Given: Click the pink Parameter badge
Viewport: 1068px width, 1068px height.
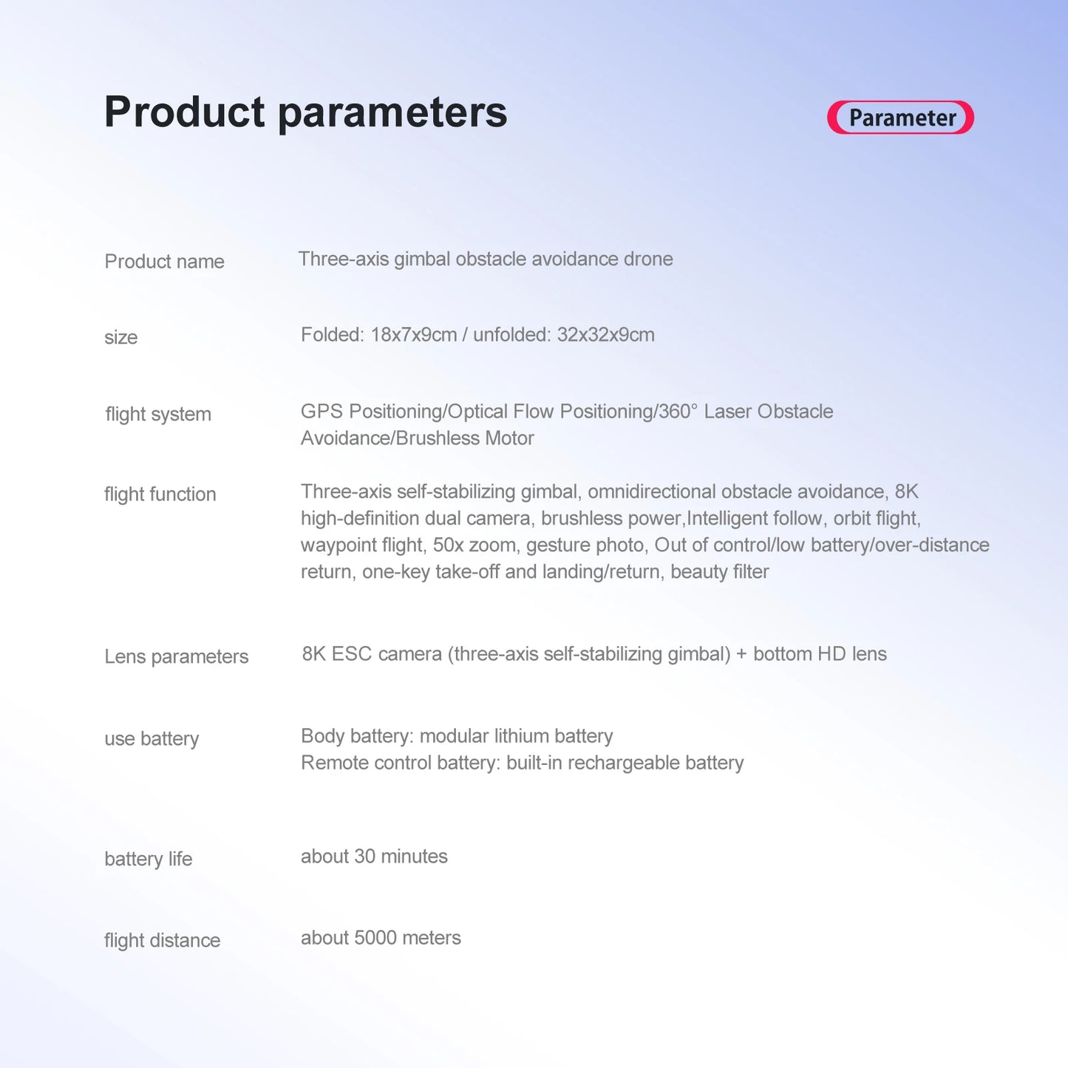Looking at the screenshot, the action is [900, 118].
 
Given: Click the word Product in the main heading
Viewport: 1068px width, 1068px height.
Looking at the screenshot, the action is [185, 112].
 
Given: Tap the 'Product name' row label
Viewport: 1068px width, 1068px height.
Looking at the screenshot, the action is [165, 262].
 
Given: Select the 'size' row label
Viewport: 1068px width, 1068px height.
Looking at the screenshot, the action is [120, 337].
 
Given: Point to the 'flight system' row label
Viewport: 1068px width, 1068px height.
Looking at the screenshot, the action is [158, 415].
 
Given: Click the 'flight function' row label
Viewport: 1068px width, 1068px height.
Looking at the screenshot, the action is [160, 494].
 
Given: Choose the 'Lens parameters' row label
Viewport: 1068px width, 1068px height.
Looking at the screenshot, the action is [177, 657].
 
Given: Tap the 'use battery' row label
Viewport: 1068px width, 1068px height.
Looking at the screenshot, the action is [152, 739].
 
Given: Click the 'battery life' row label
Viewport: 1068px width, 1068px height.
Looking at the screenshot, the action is [149, 859].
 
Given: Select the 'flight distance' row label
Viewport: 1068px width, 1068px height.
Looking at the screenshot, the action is [163, 941].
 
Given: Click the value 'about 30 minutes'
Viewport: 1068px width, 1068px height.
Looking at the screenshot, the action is [374, 857].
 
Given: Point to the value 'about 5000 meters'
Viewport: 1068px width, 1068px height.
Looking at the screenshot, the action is [381, 938].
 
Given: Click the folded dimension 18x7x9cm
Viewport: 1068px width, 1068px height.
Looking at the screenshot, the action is [414, 335].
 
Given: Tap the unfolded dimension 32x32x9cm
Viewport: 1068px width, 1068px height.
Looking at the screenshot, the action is [606, 335].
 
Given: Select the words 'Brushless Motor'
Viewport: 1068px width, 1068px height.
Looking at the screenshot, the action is [465, 438].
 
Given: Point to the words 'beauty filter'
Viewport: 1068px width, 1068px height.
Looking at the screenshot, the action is [720, 571].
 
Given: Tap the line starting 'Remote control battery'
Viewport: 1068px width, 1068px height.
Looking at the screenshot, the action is [522, 763].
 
